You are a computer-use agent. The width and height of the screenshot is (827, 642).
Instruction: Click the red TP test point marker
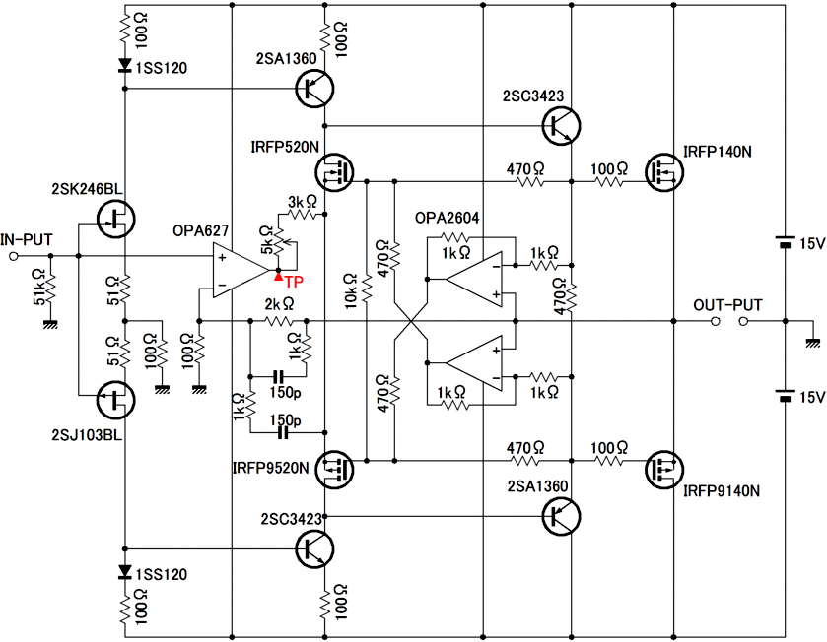coord(279,276)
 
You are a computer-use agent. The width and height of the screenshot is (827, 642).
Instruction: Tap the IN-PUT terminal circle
coord(14,256)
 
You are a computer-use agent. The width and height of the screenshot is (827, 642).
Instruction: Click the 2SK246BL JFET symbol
coord(116,219)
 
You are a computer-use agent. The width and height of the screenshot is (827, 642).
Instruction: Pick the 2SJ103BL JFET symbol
coord(116,400)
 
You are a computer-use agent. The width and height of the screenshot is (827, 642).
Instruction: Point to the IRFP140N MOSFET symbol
coord(664,172)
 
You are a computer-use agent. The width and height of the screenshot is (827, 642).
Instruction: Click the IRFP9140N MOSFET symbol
coord(664,470)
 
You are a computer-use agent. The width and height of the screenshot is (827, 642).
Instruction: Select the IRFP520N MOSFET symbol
coord(335,172)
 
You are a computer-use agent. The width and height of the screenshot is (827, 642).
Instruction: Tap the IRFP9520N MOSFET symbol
coord(335,470)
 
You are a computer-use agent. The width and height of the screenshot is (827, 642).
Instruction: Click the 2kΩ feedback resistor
coord(279,321)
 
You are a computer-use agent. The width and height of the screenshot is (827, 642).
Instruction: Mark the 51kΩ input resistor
coord(50,289)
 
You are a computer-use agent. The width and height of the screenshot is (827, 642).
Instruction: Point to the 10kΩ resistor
coord(367,289)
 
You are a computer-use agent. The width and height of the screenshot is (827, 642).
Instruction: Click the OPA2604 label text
coord(447,218)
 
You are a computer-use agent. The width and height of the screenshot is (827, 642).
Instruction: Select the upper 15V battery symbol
coord(785,242)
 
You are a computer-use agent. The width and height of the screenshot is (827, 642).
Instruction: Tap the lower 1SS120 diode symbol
coord(125,572)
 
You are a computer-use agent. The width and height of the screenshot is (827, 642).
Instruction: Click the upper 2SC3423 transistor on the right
coord(561,126)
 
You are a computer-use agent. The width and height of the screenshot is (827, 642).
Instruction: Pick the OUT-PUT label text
coord(727,305)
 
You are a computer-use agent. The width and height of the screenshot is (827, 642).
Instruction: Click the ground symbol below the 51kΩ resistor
coord(50,324)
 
